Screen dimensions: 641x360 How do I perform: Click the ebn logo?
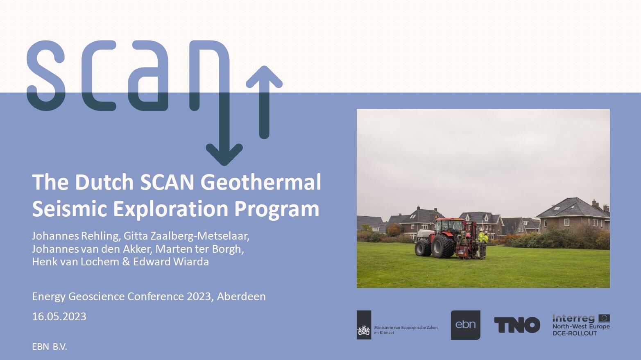466,325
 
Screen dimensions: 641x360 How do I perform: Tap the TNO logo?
517,325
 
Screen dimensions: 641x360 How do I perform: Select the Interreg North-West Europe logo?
581,325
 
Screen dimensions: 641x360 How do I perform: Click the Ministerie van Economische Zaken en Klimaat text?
406,330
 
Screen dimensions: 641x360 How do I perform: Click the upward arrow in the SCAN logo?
264,102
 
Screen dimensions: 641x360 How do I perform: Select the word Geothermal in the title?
260,182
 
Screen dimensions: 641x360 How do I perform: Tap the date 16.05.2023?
59,317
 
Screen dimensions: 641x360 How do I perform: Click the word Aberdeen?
241,297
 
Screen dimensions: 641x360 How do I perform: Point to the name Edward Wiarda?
171,262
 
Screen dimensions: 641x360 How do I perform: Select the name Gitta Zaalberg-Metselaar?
186,236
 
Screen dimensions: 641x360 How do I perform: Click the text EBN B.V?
50,347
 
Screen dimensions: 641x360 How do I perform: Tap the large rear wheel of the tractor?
443,246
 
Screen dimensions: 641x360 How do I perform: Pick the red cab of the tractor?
449,226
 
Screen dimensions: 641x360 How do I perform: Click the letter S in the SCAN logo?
46,75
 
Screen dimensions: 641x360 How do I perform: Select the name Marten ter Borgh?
199,249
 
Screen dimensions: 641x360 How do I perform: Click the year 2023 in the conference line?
199,297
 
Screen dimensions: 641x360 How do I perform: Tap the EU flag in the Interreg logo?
604,318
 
